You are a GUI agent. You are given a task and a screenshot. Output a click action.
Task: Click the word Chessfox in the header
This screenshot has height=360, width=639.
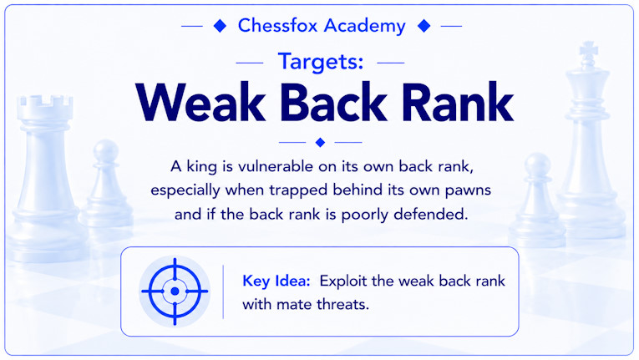(x=277, y=25)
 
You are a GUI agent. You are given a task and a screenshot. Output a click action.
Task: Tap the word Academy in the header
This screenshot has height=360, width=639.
(x=365, y=27)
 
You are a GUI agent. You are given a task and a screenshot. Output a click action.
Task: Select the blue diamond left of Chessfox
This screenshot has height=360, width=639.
(x=220, y=26)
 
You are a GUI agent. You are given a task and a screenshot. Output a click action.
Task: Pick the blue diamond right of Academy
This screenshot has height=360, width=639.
(x=423, y=26)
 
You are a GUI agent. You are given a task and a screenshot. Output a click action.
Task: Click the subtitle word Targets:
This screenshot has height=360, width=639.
(x=320, y=62)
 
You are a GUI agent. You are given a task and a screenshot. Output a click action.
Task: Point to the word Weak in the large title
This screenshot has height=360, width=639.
(x=201, y=102)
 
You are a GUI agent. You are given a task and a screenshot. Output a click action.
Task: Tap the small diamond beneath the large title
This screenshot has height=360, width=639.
(x=320, y=142)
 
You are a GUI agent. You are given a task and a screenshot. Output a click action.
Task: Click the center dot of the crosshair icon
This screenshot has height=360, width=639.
(x=175, y=292)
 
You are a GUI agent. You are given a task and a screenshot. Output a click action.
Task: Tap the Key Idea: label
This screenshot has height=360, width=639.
(x=276, y=281)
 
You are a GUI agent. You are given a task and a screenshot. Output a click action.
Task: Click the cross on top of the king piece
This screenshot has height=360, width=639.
(x=589, y=50)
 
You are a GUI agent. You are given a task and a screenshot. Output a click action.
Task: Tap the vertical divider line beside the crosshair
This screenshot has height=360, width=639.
(x=223, y=292)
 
